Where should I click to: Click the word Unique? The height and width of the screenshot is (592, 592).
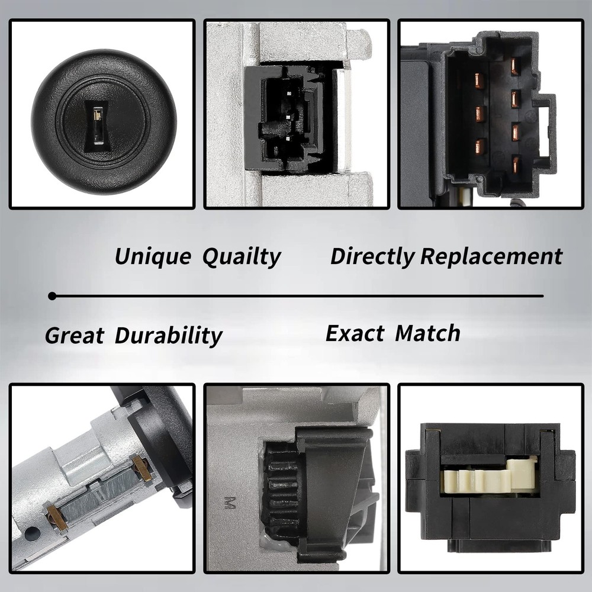pyautogui.click(x=153, y=257)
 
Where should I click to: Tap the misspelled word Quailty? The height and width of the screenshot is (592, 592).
pyautogui.click(x=241, y=257)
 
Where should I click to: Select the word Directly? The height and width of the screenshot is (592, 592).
pyautogui.click(x=372, y=257)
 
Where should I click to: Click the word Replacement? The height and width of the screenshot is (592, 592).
pyautogui.click(x=491, y=257)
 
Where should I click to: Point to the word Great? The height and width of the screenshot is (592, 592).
pyautogui.click(x=74, y=336)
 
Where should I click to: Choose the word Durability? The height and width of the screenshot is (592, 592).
pyautogui.click(x=168, y=336)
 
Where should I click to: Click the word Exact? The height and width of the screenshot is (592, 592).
pyautogui.click(x=355, y=333)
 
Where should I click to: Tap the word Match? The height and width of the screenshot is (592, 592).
pyautogui.click(x=427, y=333)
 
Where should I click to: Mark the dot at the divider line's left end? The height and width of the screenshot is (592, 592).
pyautogui.click(x=53, y=295)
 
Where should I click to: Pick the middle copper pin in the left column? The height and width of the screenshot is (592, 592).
pyautogui.click(x=480, y=112)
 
